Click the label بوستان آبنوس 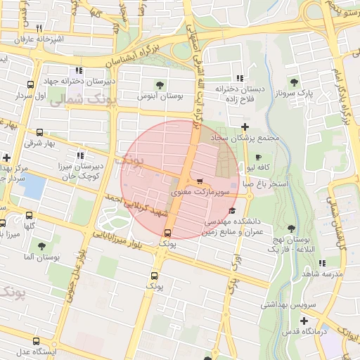(x=160, y=95)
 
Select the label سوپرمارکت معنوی (x=201, y=192)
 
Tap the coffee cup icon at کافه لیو (x=258, y=157)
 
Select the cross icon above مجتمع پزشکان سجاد (x=245, y=127)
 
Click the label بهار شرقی (x=39, y=143)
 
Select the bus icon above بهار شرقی (x=40, y=131)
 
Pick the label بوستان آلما (x=41, y=259)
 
